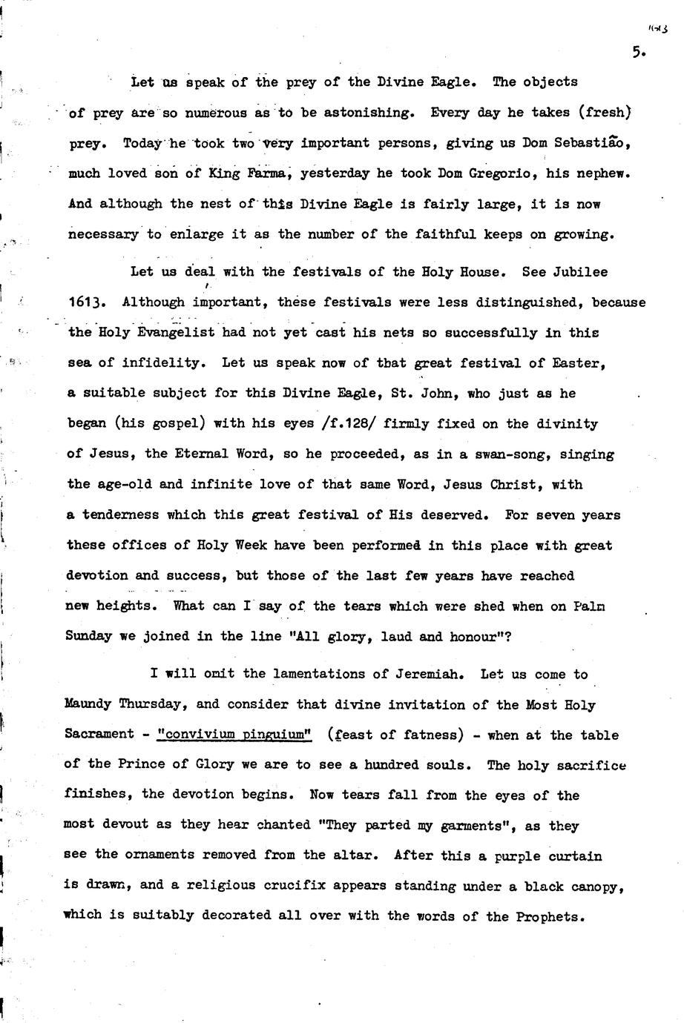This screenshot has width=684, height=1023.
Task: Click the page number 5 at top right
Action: tap(638, 52)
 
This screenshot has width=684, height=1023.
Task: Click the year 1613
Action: tap(85, 302)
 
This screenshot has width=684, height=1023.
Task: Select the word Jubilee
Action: tap(580, 272)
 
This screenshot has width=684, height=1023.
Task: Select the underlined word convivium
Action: tap(196, 735)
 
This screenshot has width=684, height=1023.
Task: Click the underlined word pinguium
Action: tap(276, 735)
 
